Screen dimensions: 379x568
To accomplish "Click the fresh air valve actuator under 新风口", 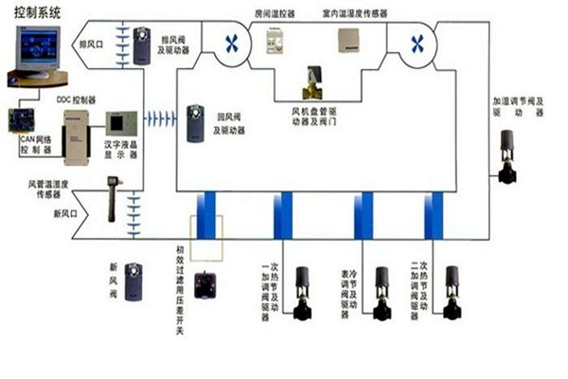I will tap(133, 280).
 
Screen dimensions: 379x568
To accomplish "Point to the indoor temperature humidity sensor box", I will tap(351, 40).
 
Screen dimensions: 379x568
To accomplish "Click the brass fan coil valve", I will tap(311, 83).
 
